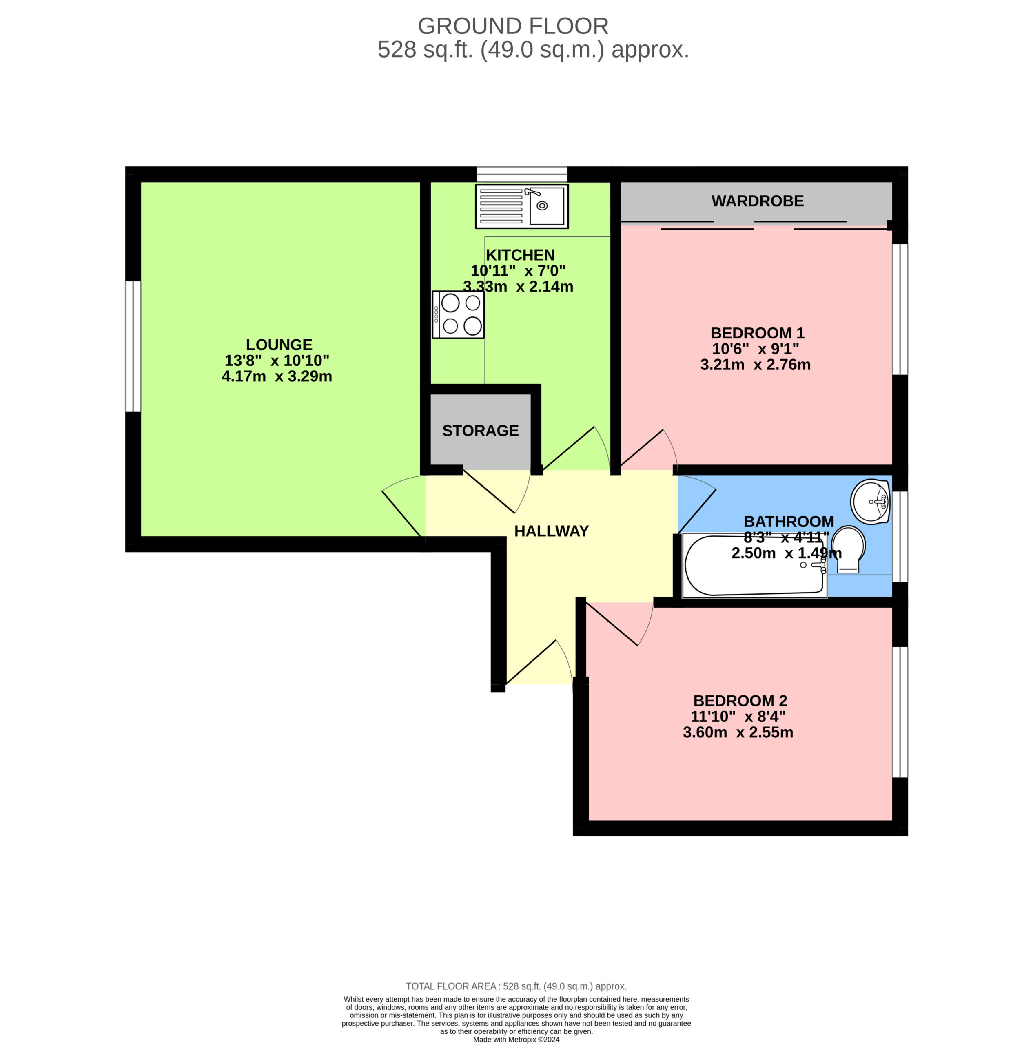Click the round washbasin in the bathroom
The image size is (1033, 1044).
870,502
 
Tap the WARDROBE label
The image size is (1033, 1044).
757,201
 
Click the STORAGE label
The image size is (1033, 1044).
481,431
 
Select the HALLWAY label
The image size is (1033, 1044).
551,531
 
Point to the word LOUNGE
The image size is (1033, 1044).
279,345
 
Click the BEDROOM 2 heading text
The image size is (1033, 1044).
740,701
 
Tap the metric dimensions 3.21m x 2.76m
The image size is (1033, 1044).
755,365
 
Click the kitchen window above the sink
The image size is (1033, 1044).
522,175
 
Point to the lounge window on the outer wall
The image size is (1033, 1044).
133,346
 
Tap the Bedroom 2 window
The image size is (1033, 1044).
900,712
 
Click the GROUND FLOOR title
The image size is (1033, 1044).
513,26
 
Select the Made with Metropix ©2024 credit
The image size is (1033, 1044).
516,1039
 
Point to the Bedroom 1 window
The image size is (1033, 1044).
900,309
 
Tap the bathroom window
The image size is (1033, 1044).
900,537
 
